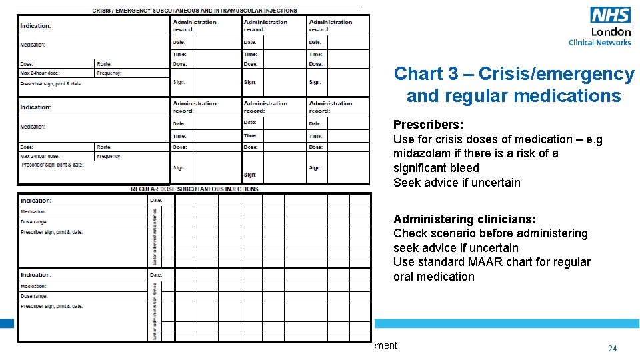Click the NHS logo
click(610, 15)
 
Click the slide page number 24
click(612, 349)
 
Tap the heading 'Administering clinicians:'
click(465, 219)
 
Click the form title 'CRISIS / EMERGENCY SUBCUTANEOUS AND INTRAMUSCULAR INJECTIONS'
click(195, 11)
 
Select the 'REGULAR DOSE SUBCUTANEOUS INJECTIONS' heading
click(194, 189)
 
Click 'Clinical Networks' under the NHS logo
click(599, 43)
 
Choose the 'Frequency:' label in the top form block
click(109, 73)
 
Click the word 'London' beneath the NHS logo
click(611, 31)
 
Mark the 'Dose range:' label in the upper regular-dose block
click(35, 221)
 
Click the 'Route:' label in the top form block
click(104, 63)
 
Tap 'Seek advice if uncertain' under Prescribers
click(457, 183)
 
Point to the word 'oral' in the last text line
click(404, 277)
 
